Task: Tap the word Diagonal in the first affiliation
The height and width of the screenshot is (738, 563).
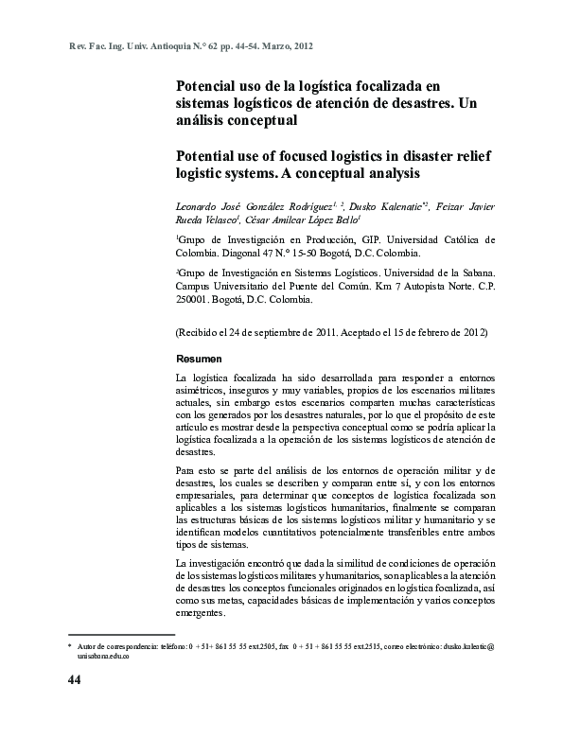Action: (251, 255)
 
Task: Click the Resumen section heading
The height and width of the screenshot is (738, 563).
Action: (200, 360)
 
